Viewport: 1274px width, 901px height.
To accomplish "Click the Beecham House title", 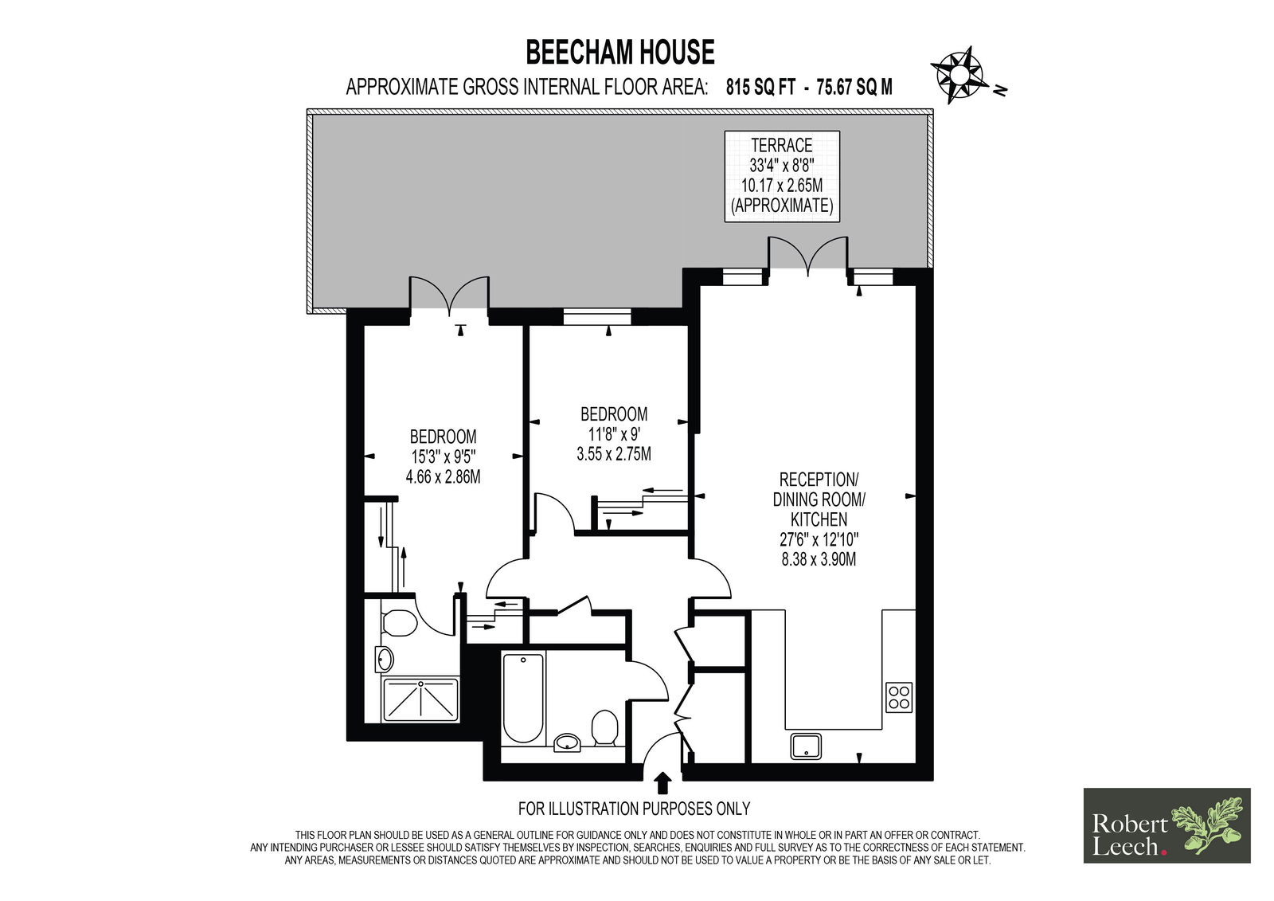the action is tap(620, 53).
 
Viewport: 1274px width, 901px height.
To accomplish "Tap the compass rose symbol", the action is tap(959, 75).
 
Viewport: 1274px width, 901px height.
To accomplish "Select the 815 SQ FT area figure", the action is tap(760, 87).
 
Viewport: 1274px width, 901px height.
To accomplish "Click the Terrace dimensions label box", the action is tap(782, 176).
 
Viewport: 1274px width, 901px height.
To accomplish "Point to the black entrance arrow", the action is tap(662, 782).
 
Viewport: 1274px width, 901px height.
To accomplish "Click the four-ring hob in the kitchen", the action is tap(899, 697).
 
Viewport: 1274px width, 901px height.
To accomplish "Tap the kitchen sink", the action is tap(806, 746).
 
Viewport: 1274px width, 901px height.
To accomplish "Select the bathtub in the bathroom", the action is tap(523, 698).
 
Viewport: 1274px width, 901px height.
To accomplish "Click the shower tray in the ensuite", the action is tap(421, 699).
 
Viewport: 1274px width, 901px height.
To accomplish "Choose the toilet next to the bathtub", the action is tap(604, 728).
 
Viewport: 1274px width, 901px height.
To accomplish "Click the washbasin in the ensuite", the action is tap(385, 660).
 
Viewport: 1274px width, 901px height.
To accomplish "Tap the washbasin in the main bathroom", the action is tap(568, 742).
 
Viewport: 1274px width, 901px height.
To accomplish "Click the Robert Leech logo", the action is tap(1167, 825).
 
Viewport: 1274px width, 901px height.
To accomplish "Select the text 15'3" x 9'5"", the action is tap(443, 456).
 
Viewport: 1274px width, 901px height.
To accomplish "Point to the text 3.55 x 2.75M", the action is tap(614, 453).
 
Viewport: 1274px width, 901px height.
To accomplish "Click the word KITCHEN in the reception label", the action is tap(819, 519).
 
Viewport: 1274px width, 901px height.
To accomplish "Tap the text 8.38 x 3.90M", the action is tap(819, 559).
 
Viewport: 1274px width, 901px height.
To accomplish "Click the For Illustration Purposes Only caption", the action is tap(634, 809).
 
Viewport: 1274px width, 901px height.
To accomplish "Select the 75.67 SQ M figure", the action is tap(854, 87).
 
